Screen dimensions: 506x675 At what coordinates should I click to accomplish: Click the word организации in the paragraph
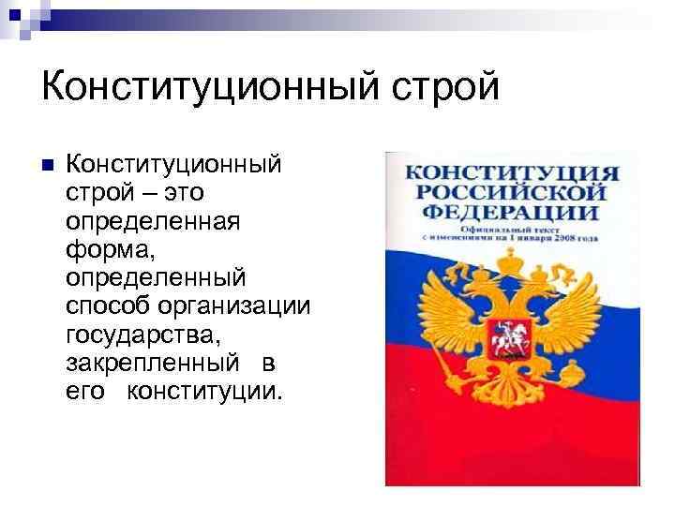(x=242, y=306)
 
